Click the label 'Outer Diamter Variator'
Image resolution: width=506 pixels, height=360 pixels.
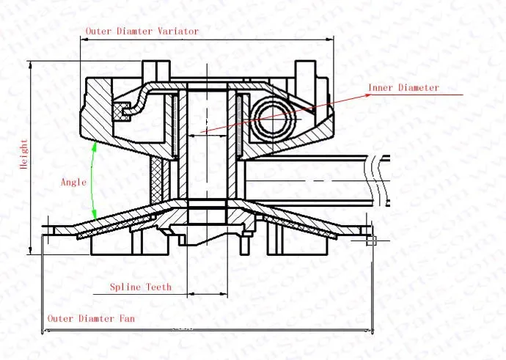(x=142, y=32)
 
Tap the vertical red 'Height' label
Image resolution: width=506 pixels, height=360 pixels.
(x=23, y=155)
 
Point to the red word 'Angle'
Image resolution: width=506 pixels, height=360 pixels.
(x=74, y=182)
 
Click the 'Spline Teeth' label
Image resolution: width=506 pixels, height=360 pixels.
(x=141, y=287)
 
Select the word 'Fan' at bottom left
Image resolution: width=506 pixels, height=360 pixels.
(x=126, y=319)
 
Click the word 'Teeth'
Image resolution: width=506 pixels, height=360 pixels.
(x=158, y=287)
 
